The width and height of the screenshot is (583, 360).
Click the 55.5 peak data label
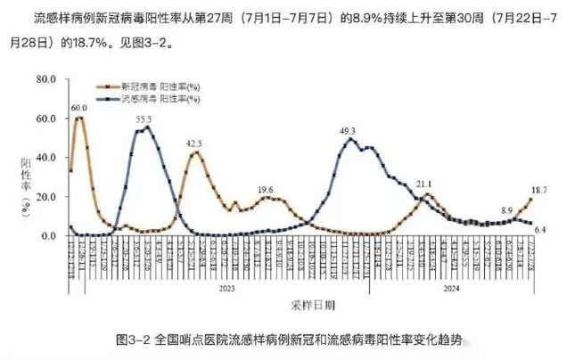tap(144, 119)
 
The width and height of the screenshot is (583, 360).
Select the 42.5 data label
tap(193, 143)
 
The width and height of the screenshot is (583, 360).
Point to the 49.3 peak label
tap(349, 131)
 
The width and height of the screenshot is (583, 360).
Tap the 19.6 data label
tap(265, 189)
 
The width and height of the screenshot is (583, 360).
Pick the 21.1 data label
tap(423, 184)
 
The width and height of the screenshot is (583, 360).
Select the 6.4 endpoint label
tap(539, 230)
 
